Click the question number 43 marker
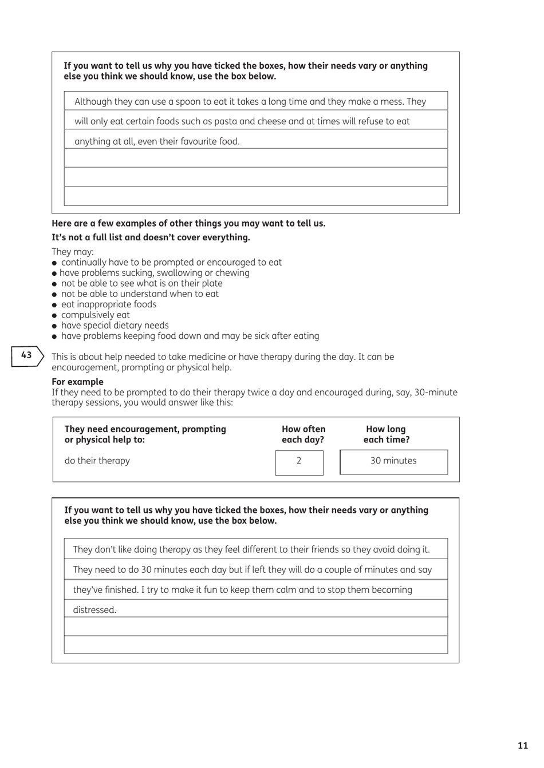click(x=27, y=355)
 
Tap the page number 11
click(x=522, y=745)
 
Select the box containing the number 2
click(x=299, y=462)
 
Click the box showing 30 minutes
click(x=393, y=461)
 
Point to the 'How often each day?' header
click(x=303, y=434)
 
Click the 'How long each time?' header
click(x=386, y=434)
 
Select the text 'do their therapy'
click(x=97, y=461)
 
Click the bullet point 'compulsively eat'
click(x=95, y=315)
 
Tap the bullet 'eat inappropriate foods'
click(x=108, y=304)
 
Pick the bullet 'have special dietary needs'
click(x=115, y=325)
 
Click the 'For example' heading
click(x=77, y=382)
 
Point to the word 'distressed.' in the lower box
click(x=94, y=610)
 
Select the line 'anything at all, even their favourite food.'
click(x=157, y=141)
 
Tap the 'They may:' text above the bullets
click(x=73, y=252)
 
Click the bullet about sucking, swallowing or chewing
click(x=154, y=273)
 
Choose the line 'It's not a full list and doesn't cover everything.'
click(x=151, y=237)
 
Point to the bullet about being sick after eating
click(x=190, y=336)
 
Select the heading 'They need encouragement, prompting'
click(x=145, y=429)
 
